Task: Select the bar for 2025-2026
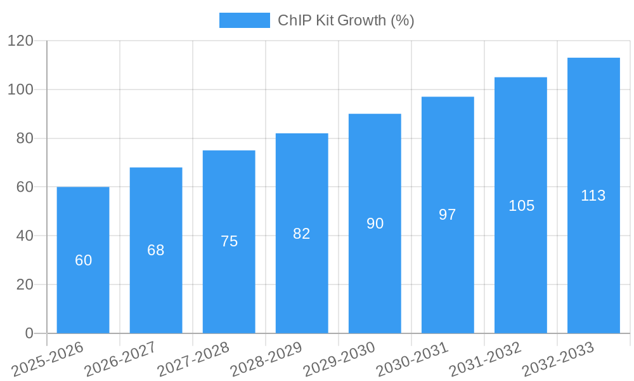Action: (83, 260)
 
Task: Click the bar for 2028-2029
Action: (302, 233)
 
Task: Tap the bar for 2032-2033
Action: (593, 196)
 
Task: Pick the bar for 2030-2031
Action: (448, 215)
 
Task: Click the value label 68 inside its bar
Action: (156, 250)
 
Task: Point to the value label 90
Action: (375, 224)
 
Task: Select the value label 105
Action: (521, 206)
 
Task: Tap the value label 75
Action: (229, 241)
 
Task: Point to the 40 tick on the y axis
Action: (25, 236)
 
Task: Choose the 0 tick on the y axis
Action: (29, 333)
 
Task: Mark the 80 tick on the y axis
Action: (25, 138)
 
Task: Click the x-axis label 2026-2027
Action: (120, 359)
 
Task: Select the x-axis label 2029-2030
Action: (339, 359)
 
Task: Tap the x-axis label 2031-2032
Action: (485, 359)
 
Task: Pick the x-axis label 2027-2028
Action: (193, 359)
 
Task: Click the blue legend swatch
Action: (244, 20)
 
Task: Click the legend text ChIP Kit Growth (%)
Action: (346, 20)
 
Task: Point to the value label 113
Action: (593, 196)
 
